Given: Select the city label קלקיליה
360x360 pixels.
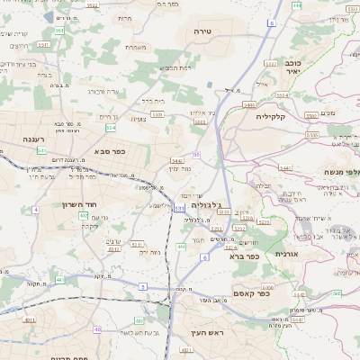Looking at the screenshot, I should (x=270, y=116).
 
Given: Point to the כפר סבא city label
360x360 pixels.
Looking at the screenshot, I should (x=110, y=151).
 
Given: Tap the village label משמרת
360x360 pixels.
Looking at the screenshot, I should (x=137, y=48).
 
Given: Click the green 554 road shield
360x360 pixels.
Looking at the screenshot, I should (x=109, y=129).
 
